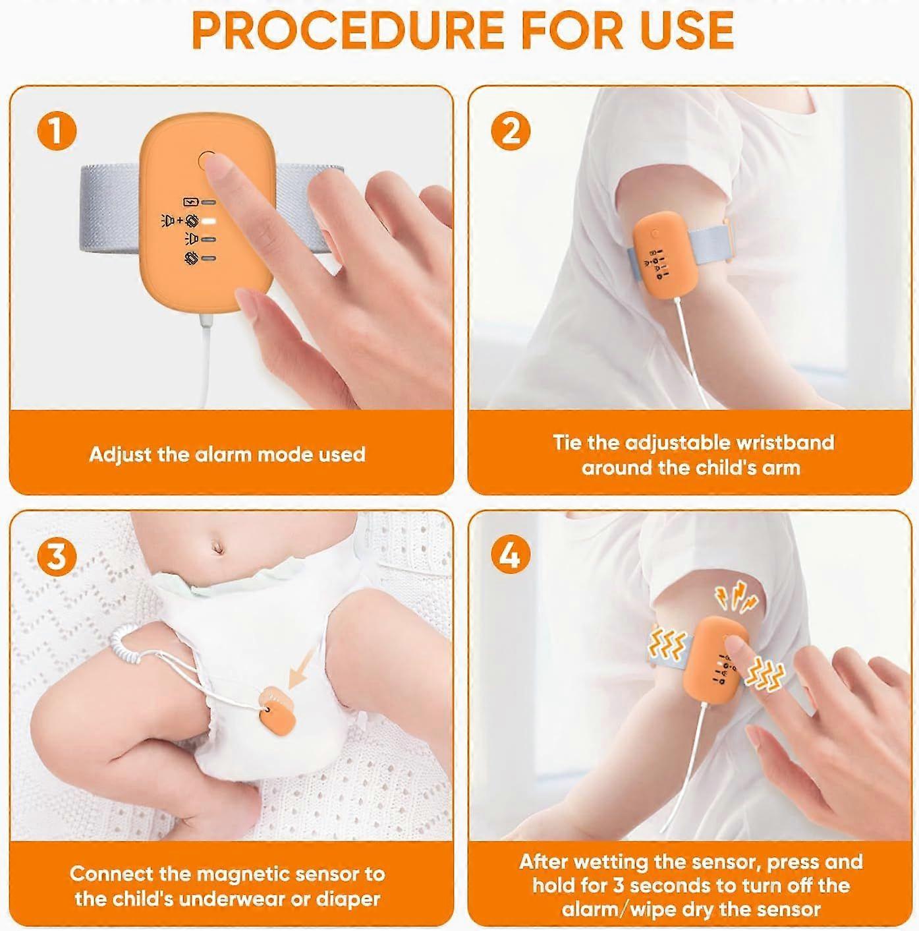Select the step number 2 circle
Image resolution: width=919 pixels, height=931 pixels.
511,131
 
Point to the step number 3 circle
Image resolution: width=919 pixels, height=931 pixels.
57,556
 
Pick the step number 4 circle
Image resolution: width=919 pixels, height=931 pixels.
511,556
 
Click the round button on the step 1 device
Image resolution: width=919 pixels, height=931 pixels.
207,160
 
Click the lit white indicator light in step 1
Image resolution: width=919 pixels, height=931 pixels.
209,222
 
